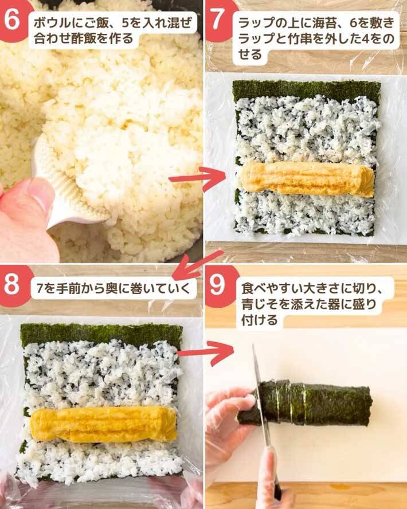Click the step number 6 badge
click(x=13, y=20)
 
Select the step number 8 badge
click(x=13, y=285)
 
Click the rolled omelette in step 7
click(x=307, y=179)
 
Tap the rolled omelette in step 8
click(x=104, y=425)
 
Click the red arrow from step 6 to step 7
click(x=197, y=178)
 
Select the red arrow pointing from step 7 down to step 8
click(x=198, y=265)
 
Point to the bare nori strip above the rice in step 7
click(x=306, y=89)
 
